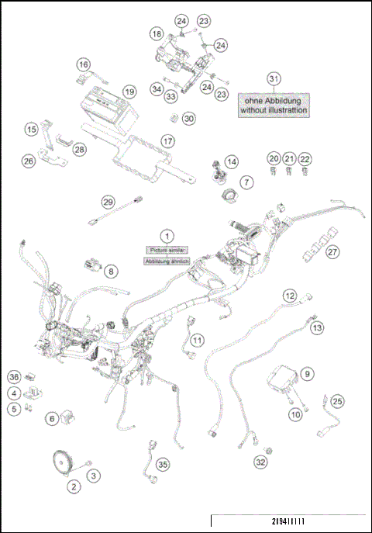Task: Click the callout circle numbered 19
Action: (129, 91)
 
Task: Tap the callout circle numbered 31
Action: (273, 79)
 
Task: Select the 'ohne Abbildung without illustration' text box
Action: (273, 105)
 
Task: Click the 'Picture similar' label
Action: (164, 250)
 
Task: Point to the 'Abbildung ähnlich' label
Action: (164, 261)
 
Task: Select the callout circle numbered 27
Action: (332, 251)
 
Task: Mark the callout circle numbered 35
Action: (161, 464)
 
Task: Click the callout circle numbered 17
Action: (167, 140)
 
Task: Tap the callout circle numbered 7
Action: (246, 182)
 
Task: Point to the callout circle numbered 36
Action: (14, 377)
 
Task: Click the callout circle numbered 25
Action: (336, 401)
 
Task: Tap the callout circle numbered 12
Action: (289, 296)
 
